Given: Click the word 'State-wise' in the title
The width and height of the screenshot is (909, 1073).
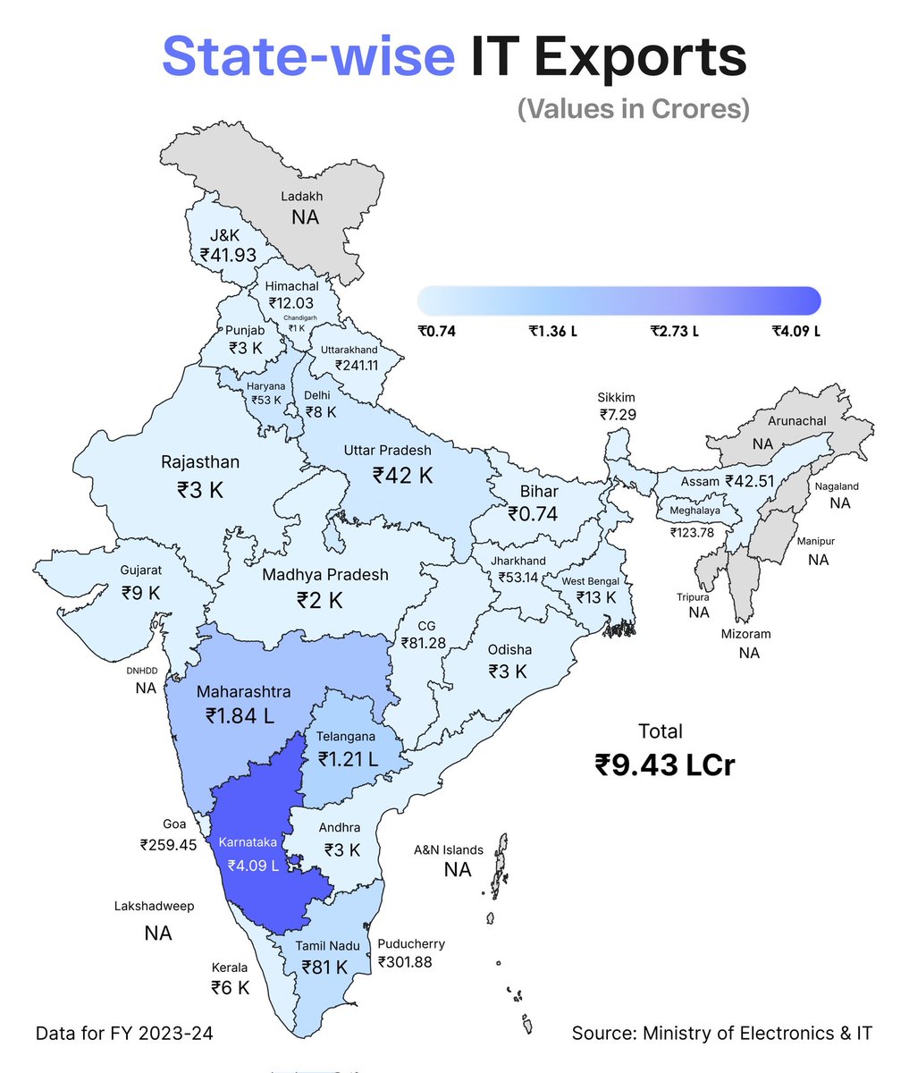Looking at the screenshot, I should [x=308, y=55].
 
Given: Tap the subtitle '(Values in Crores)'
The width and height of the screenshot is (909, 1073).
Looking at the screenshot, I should [x=633, y=108].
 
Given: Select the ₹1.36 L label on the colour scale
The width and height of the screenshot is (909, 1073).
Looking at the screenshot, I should [x=552, y=331].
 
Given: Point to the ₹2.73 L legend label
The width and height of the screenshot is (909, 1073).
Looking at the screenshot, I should [x=674, y=331].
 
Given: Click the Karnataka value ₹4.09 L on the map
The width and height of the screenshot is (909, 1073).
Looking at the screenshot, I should [x=253, y=866].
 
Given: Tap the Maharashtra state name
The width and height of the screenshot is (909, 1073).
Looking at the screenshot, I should [x=243, y=692].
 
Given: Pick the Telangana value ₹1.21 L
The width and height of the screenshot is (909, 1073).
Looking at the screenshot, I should [x=348, y=759].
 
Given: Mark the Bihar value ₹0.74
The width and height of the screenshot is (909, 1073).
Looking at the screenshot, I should [x=533, y=514].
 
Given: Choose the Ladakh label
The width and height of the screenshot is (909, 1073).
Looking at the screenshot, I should [x=302, y=196].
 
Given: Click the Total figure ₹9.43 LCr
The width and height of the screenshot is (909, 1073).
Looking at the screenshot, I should [x=664, y=765].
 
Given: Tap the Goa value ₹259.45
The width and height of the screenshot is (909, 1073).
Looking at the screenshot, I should [x=168, y=844].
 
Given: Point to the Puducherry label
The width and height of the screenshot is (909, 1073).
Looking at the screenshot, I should [x=411, y=943].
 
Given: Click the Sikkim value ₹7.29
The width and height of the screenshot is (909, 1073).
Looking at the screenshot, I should [x=619, y=415].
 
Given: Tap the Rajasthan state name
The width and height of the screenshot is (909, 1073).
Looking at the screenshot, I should [x=200, y=462].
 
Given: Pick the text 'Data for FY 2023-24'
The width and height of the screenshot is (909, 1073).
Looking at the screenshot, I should [x=124, y=1034].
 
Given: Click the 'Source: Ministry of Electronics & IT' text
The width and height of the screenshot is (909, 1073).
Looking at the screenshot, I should [x=721, y=1034].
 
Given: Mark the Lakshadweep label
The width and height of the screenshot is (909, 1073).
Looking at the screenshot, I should [x=154, y=906].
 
